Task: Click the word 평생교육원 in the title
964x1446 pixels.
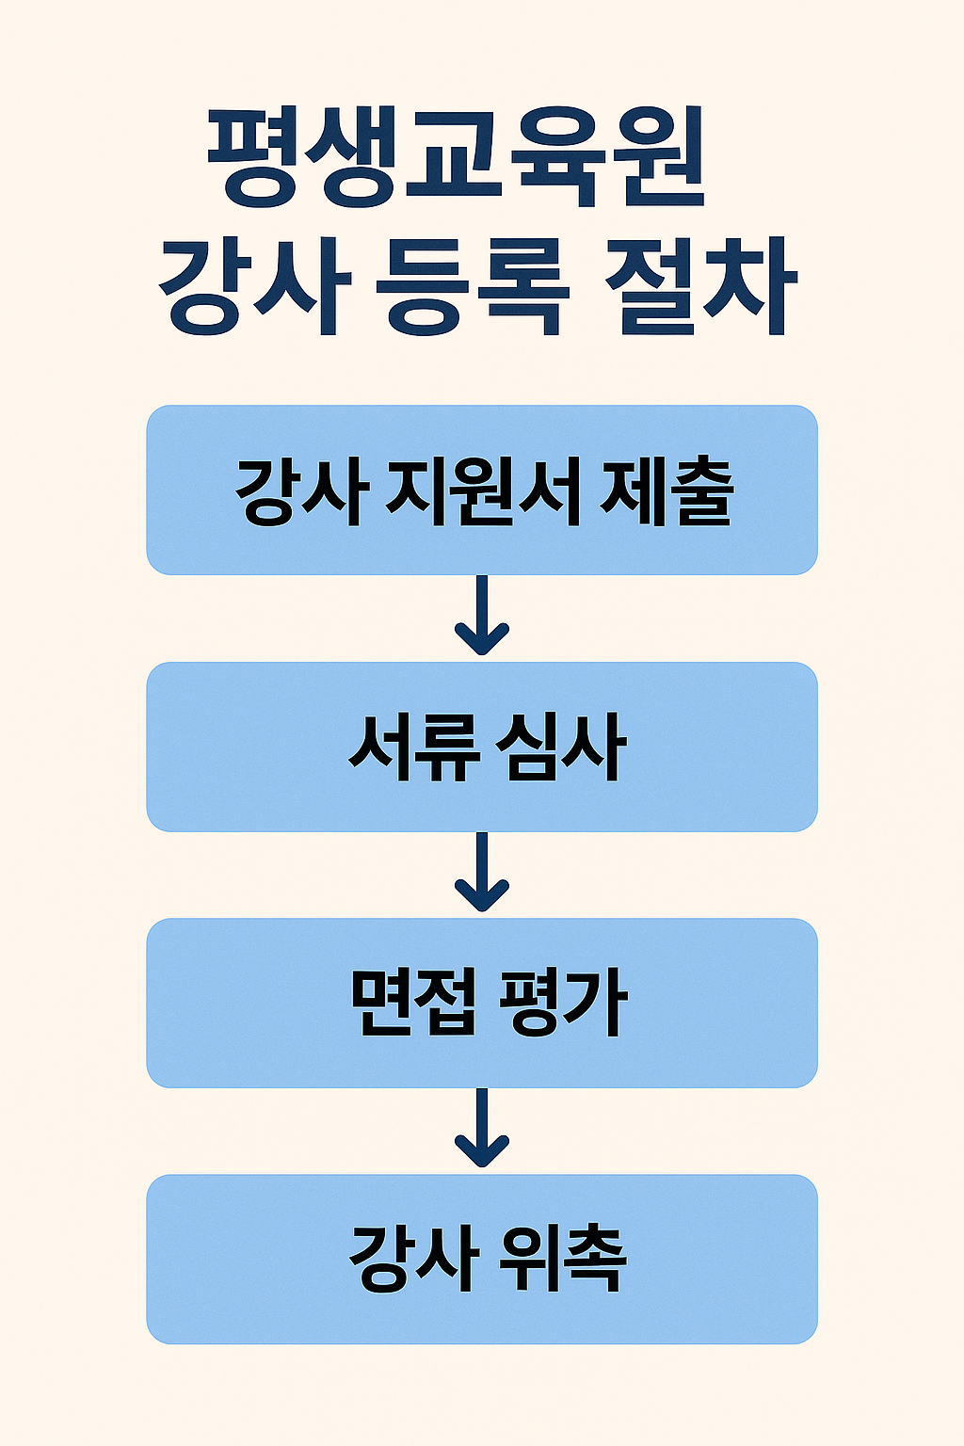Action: (455, 157)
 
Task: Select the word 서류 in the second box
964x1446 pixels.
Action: (415, 747)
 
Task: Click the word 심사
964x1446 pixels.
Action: (564, 747)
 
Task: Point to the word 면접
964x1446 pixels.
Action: (411, 1004)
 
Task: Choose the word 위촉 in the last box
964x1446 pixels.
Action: (564, 1260)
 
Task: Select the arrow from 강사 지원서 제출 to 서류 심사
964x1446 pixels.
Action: (482, 617)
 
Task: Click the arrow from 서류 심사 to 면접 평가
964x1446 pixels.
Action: (482, 874)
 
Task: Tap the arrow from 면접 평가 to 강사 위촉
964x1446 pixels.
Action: (482, 1130)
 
